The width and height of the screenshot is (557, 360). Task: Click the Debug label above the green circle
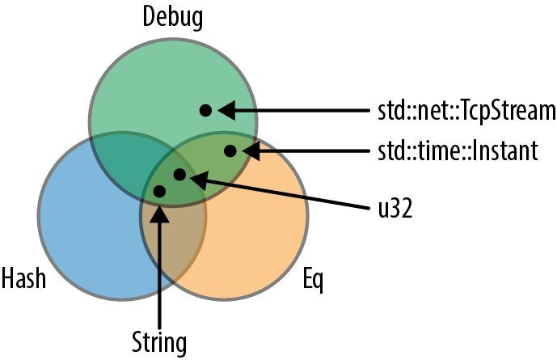[x=172, y=18]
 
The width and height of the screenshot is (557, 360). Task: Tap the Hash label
[x=23, y=278]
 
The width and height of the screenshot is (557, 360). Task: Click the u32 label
[x=396, y=208]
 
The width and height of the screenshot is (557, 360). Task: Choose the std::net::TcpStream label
[x=466, y=110]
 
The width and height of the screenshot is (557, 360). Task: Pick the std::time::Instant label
[x=458, y=151]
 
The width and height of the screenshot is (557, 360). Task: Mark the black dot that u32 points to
[x=179, y=174]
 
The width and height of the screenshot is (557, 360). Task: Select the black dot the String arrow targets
[x=159, y=191]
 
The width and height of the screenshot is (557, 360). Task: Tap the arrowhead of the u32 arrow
[x=199, y=179]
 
